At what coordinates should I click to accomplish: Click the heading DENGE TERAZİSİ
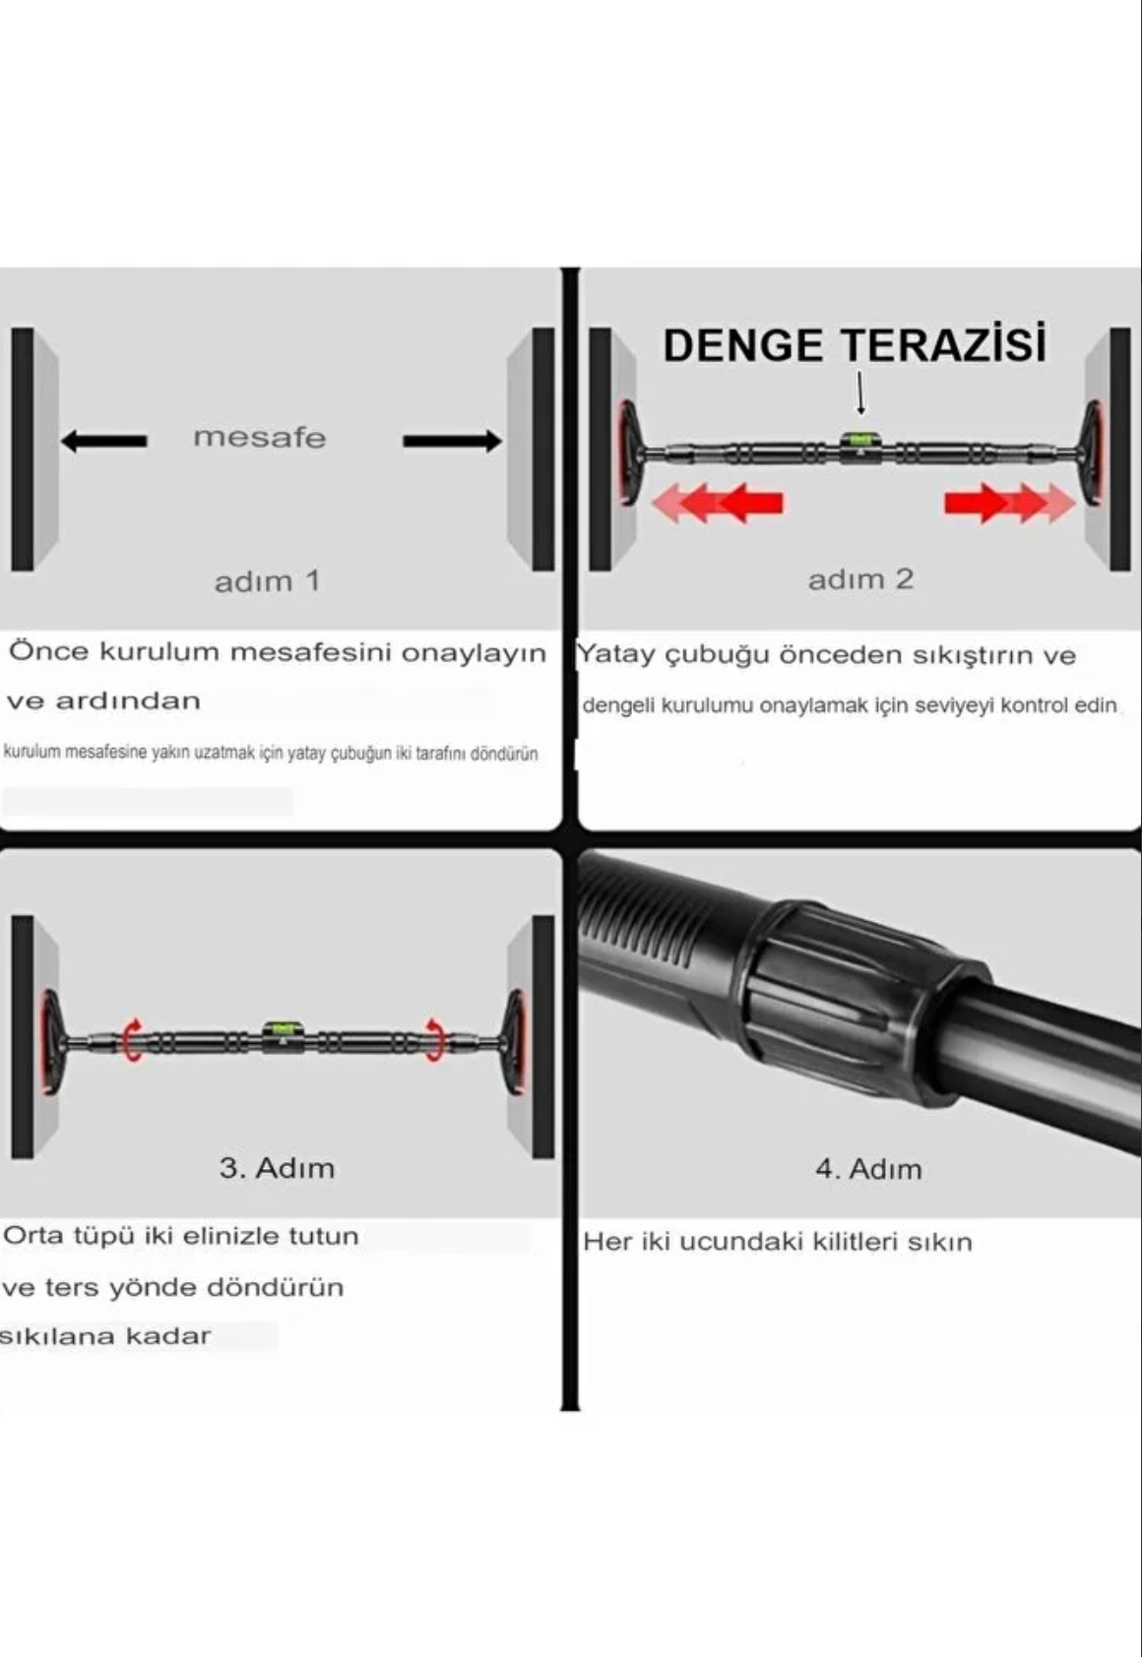[x=854, y=345]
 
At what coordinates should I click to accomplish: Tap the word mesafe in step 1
[x=259, y=437]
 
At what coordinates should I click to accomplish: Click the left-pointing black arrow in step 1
[x=104, y=440]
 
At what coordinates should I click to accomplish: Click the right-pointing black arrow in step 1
[x=452, y=440]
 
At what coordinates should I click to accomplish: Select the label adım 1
[x=267, y=581]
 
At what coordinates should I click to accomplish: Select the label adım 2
[x=860, y=579]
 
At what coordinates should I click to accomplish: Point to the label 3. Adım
[x=277, y=1168]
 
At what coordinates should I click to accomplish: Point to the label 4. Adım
[x=868, y=1169]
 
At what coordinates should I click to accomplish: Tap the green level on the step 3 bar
[x=283, y=1031]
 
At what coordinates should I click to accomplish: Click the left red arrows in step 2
[x=718, y=502]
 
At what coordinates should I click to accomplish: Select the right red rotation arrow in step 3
[x=434, y=1039]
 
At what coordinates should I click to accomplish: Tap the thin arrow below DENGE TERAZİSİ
[x=861, y=393]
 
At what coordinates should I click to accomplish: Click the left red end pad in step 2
[x=625, y=452]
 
